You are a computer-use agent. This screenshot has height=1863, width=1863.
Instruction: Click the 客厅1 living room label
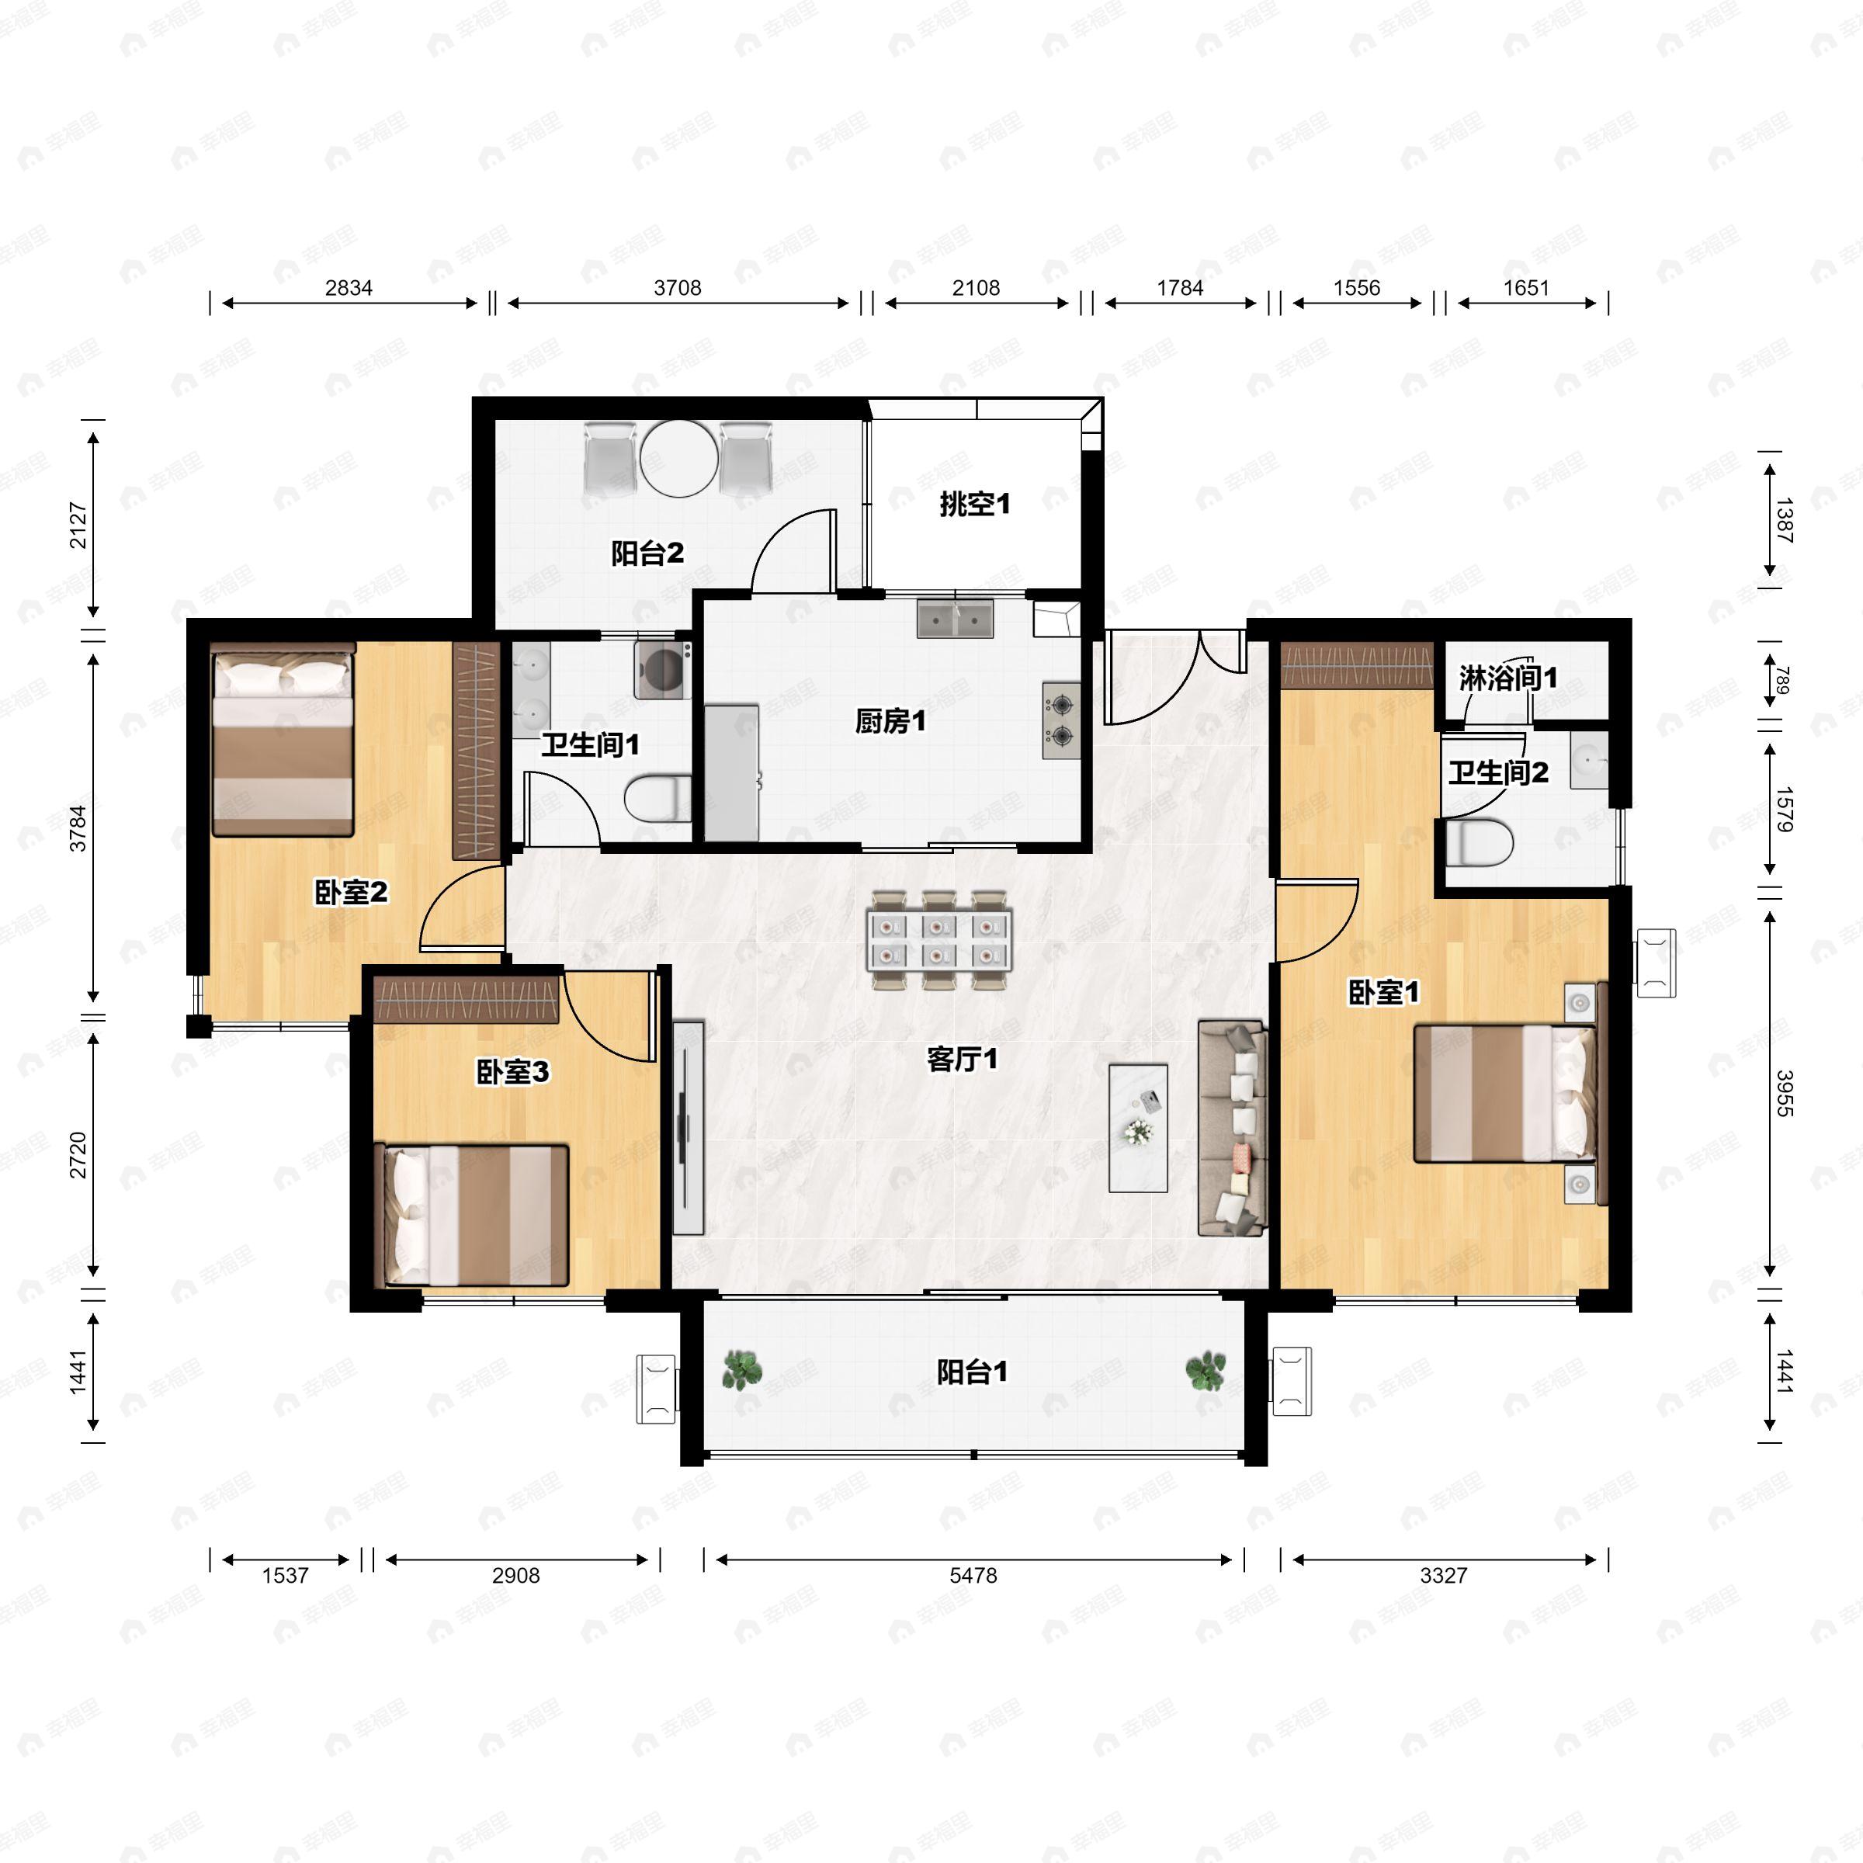pyautogui.click(x=962, y=1060)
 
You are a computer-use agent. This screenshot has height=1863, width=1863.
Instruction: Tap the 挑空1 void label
pyautogui.click(x=974, y=503)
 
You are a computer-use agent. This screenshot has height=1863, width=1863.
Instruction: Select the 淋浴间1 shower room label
pyautogui.click(x=1507, y=678)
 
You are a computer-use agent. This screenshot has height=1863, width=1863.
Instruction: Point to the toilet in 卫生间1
pyautogui.click(x=658, y=797)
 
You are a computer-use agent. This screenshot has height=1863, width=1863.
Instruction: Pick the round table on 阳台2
pyautogui.click(x=679, y=458)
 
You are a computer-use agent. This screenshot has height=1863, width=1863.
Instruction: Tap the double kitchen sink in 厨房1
pyautogui.click(x=955, y=619)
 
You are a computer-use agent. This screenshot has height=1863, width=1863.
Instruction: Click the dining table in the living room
pyautogui.click(x=938, y=940)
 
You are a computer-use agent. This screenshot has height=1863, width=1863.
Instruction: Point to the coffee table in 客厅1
pyautogui.click(x=1138, y=1127)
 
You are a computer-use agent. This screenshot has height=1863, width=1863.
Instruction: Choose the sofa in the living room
pyautogui.click(x=1231, y=1127)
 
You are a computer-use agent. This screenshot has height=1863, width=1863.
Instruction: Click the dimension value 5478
pyautogui.click(x=973, y=1576)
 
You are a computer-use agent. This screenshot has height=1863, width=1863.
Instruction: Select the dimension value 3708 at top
pyautogui.click(x=677, y=287)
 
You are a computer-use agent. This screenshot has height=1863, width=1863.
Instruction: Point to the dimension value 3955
pyautogui.click(x=1784, y=1092)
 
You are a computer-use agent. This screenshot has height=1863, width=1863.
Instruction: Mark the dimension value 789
pyautogui.click(x=1783, y=682)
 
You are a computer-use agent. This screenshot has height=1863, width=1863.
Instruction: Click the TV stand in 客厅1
pyautogui.click(x=689, y=1127)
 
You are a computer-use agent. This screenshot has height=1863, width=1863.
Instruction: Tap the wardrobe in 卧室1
pyautogui.click(x=1358, y=665)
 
